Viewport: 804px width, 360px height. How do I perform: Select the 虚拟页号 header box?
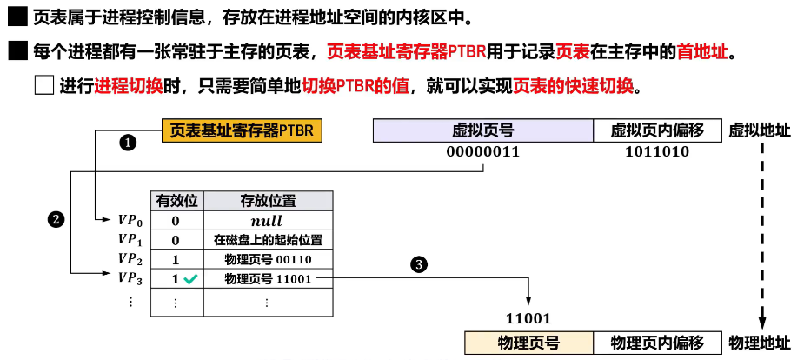coord(483,130)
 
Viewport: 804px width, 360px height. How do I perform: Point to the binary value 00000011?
coord(483,151)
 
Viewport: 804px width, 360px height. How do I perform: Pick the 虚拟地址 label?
coord(760,130)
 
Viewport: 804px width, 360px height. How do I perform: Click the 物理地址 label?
coord(760,343)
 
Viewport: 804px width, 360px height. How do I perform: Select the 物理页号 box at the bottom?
coord(528,343)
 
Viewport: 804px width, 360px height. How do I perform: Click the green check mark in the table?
coord(190,279)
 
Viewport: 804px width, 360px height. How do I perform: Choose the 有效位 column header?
coord(176,201)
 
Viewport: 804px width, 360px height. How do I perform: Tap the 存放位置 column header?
coord(267,201)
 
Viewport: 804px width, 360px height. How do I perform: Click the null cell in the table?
coord(267,221)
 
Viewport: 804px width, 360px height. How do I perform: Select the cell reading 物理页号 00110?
coord(267,260)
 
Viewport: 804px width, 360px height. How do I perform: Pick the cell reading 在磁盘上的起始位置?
coord(267,241)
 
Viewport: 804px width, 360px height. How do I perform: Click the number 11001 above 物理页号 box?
coord(528,318)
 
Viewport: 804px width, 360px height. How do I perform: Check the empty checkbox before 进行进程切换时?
coord(44,86)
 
